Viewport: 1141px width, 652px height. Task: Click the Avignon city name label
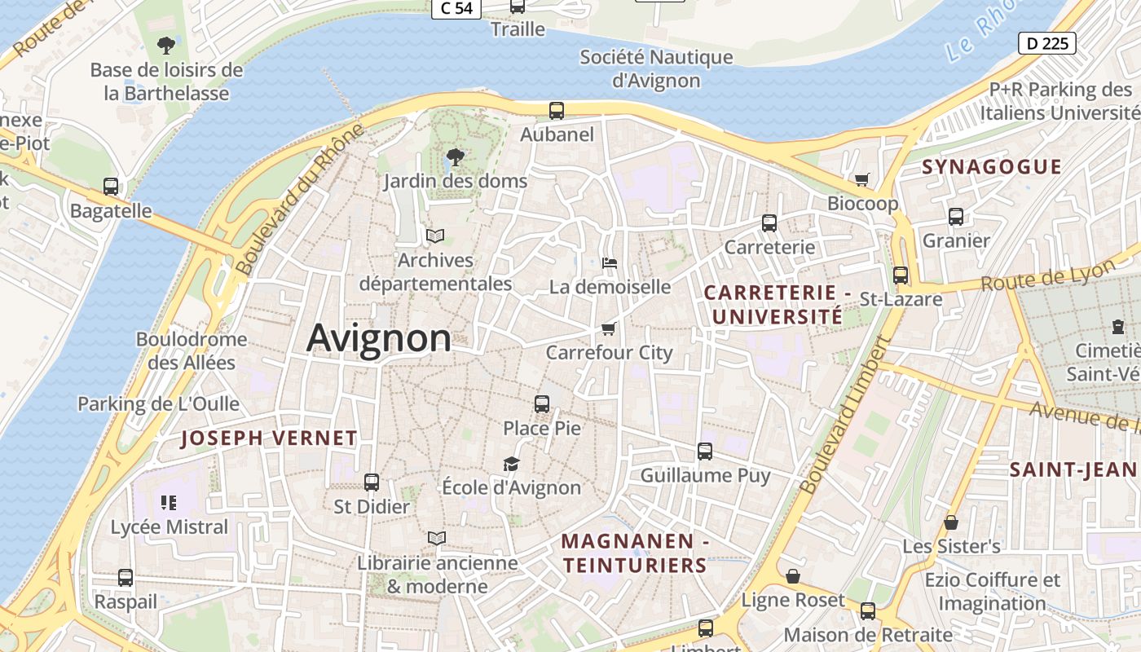pos(379,337)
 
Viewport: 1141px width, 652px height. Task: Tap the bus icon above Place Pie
pos(542,403)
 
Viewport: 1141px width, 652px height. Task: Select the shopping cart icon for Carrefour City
pos(608,328)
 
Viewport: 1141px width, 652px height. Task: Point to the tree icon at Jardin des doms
pos(455,156)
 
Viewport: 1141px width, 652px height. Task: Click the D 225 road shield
pos(1047,43)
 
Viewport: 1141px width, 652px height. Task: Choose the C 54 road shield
pos(456,8)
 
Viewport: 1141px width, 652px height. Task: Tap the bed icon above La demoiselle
pos(610,262)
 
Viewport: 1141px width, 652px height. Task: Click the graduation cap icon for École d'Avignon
pos(511,464)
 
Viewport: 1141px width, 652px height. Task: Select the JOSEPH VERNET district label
pos(269,438)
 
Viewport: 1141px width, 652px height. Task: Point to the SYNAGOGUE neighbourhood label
pos(992,167)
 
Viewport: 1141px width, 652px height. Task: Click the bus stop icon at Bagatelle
pos(111,187)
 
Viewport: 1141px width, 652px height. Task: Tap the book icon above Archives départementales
pos(435,236)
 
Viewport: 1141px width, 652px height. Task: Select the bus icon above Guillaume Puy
pos(705,451)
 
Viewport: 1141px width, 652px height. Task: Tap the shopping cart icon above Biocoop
pos(862,179)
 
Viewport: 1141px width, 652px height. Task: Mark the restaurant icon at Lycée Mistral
pos(169,502)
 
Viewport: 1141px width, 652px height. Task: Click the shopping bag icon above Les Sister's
pos(951,522)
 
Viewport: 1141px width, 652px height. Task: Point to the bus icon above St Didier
pos(372,482)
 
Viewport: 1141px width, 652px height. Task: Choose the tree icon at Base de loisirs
pos(166,44)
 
